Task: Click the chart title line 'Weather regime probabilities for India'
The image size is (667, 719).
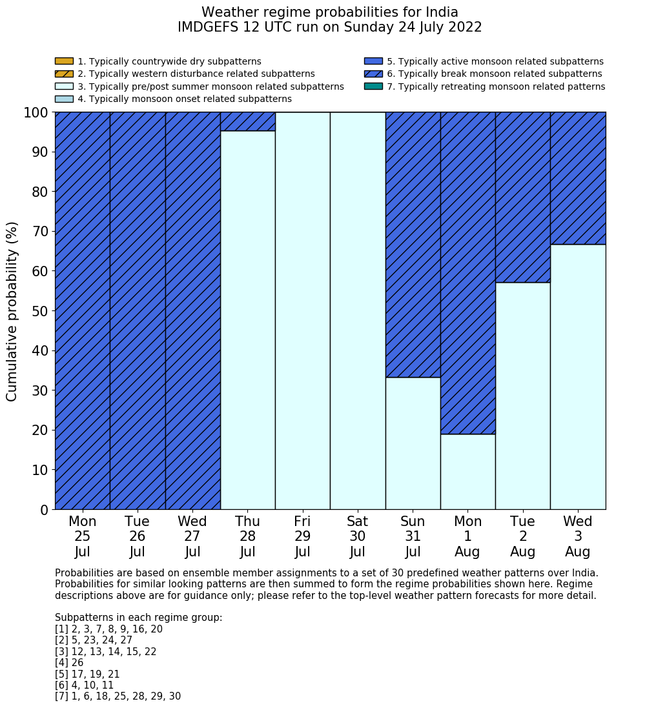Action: coord(329,12)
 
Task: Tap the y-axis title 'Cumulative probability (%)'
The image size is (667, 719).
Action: coord(12,311)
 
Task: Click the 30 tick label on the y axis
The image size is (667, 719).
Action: coord(40,390)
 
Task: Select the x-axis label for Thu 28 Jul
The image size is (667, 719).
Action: coord(247,536)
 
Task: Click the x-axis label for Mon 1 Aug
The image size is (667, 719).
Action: coord(467,536)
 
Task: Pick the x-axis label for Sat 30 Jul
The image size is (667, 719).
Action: coord(357,536)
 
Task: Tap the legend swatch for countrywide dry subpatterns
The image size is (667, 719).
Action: coord(64,61)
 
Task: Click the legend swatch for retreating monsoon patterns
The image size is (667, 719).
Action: coord(373,86)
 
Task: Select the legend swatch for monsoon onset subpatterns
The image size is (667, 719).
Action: coord(64,99)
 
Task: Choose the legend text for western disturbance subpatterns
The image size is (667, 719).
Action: coord(196,74)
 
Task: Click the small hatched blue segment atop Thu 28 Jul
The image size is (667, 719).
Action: coord(247,121)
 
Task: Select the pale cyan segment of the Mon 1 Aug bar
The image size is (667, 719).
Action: coord(467,471)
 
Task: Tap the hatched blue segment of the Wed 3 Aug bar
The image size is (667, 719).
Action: coord(577,177)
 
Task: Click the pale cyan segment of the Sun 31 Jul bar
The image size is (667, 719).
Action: coord(413,443)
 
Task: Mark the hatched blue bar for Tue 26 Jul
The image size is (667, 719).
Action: coord(138,310)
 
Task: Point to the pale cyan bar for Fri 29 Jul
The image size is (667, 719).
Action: coord(302,310)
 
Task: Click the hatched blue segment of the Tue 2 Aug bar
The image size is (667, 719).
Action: coord(522,197)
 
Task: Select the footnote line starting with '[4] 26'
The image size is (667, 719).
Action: coord(69,663)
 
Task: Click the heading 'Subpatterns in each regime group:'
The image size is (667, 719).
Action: coord(138,618)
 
